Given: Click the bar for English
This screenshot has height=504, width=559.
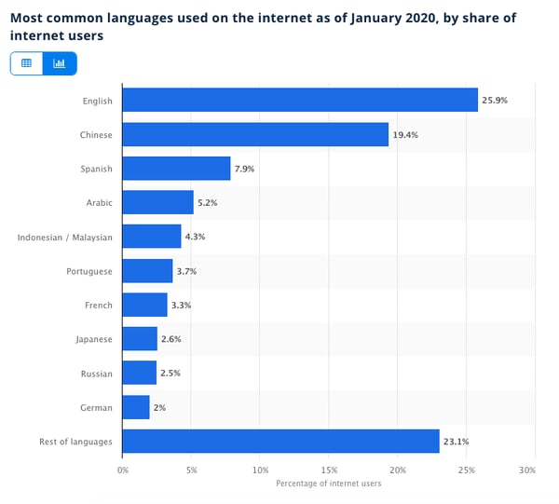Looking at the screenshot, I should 299,100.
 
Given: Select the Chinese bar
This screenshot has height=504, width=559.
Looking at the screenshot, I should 255,134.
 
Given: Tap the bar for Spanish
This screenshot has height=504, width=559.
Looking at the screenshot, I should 176,168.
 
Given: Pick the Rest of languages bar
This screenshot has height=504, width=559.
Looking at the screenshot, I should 280,441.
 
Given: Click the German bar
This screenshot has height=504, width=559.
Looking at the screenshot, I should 136,407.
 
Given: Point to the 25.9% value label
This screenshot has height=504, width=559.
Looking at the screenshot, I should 495,100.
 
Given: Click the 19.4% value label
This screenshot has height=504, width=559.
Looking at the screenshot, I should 405,134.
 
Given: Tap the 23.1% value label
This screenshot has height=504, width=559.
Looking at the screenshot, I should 456,441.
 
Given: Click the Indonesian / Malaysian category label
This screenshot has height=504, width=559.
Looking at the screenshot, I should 64,237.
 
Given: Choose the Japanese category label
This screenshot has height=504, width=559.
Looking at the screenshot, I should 93,339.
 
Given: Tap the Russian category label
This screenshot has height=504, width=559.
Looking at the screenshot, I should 96,374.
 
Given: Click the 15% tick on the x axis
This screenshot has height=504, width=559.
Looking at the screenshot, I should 329,470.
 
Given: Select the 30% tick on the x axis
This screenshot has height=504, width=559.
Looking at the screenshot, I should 527,470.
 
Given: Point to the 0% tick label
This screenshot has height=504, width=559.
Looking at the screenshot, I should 123,470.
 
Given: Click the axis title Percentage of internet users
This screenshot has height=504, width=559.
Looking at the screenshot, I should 329,483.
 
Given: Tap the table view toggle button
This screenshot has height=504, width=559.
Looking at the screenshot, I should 26,63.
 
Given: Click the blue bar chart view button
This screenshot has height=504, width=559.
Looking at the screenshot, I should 60,63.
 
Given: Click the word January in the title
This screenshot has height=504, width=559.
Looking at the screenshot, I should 371,16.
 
